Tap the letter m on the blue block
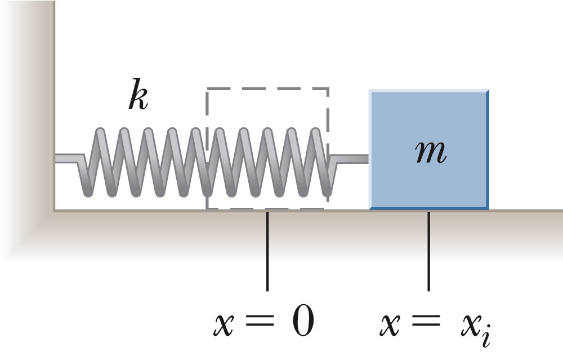click(x=429, y=152)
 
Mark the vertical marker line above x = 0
click(x=267, y=251)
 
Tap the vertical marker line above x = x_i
click(x=429, y=251)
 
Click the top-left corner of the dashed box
click(x=207, y=88)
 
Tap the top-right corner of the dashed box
click(x=327, y=88)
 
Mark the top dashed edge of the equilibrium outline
click(x=267, y=88)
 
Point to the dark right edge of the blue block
click(x=487, y=149)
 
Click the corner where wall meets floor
click(x=55, y=210)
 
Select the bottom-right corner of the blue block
click(x=487, y=209)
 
